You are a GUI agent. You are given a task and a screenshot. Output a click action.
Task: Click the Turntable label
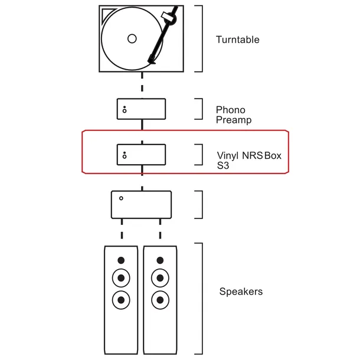point(237,40)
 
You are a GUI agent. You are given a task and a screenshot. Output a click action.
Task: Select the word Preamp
point(234,120)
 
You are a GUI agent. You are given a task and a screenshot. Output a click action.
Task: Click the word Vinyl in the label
point(228,156)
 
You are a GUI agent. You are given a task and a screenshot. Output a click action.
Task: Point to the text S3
point(222,166)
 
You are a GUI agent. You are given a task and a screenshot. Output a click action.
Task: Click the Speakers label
point(241,292)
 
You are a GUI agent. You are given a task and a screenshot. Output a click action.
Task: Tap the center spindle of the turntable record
point(132,39)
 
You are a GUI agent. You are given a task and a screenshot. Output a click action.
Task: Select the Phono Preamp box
point(141,109)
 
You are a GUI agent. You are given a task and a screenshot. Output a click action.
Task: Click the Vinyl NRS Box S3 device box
point(141,155)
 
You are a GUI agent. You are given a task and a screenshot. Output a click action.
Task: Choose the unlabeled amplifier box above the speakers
point(141,205)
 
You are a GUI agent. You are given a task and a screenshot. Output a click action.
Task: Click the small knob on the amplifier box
point(121,198)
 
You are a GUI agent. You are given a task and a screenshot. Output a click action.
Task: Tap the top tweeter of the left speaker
point(122,260)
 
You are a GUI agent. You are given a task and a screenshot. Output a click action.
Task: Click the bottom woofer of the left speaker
point(122,299)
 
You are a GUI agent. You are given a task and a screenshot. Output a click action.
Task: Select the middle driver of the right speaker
point(161,277)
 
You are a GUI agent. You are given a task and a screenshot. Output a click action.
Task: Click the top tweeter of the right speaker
point(161,260)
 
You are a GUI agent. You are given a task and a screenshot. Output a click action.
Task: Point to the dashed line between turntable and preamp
point(142,84)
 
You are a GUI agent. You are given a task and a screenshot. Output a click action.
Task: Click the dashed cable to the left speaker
point(122,231)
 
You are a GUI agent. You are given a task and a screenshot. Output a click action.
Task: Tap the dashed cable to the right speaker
point(161,231)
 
